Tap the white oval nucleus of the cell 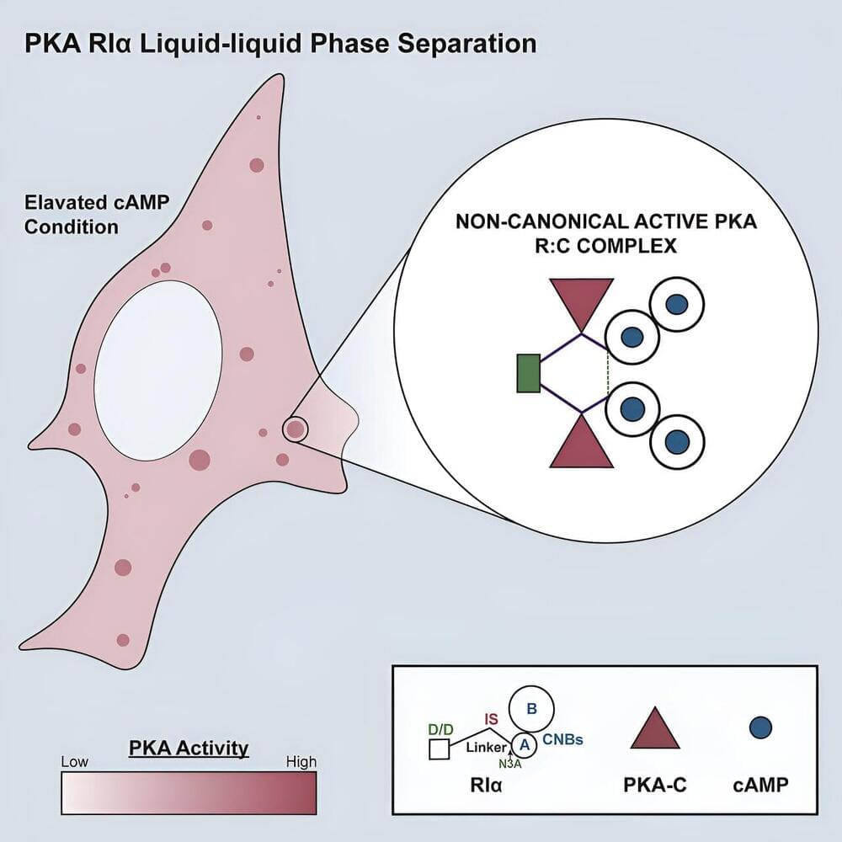pyautogui.click(x=158, y=371)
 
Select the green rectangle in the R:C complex pyautogui.click(x=527, y=374)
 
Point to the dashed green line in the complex pyautogui.click(x=607, y=374)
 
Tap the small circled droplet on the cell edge pyautogui.click(x=295, y=429)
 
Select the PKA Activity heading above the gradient pyautogui.click(x=189, y=747)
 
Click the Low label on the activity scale pyautogui.click(x=75, y=762)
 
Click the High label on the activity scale pyautogui.click(x=301, y=762)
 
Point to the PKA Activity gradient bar pyautogui.click(x=189, y=792)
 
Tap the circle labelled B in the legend pyautogui.click(x=531, y=708)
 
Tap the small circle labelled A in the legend pyautogui.click(x=524, y=743)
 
